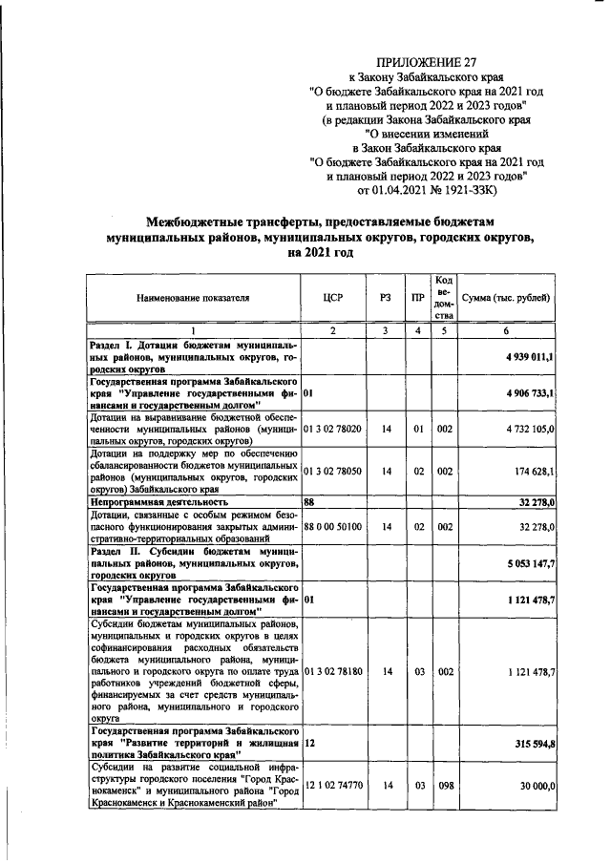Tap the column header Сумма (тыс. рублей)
tap(506, 298)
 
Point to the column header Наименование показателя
tap(192, 298)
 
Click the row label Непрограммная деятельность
tap(158, 500)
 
